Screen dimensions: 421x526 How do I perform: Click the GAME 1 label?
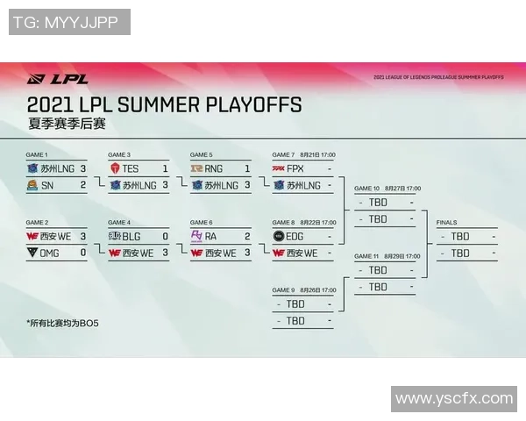click(37, 154)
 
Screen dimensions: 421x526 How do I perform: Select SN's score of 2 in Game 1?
click(83, 185)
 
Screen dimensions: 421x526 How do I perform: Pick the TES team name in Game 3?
click(131, 168)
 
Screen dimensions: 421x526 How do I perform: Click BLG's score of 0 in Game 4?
click(165, 236)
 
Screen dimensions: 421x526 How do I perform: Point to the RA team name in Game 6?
click(211, 236)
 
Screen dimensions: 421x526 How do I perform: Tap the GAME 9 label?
click(283, 290)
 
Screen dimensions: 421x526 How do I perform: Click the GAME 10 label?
click(366, 189)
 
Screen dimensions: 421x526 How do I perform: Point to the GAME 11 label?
click(366, 256)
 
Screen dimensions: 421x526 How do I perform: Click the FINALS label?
click(446, 223)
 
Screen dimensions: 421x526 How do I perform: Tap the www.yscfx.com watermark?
click(454, 398)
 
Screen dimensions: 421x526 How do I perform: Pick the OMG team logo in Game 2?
click(32, 253)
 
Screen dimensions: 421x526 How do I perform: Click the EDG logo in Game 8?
click(279, 236)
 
